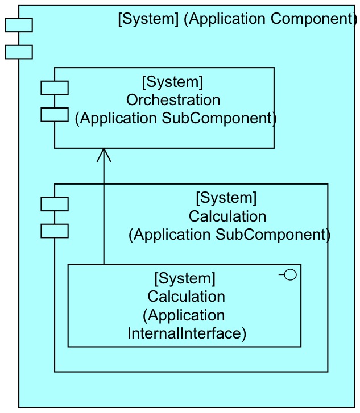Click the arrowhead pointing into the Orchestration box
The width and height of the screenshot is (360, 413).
pyautogui.click(x=104, y=154)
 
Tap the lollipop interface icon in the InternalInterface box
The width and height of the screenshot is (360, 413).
pyautogui.click(x=288, y=276)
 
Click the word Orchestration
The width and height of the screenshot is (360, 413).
pyautogui.click(x=173, y=100)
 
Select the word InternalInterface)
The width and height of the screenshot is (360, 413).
pyautogui.click(x=187, y=333)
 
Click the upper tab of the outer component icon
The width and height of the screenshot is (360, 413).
pyautogui.click(x=19, y=25)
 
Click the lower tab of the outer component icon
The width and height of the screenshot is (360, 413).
pyautogui.click(x=19, y=52)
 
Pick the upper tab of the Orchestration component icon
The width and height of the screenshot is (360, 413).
pyautogui.click(x=55, y=87)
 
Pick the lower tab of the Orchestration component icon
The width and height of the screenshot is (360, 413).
pyautogui.click(x=55, y=114)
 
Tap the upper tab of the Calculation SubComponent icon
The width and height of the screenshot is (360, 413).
pyautogui.click(x=55, y=204)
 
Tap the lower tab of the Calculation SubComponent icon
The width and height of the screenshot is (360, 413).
pyautogui.click(x=55, y=231)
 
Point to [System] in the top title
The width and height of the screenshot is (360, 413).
pyautogui.click(x=148, y=19)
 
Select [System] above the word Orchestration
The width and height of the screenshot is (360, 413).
pyautogui.click(x=172, y=82)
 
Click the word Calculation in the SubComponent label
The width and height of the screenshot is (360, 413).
pyautogui.click(x=227, y=216)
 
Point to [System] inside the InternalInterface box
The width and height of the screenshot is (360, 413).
pyautogui.click(x=185, y=278)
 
